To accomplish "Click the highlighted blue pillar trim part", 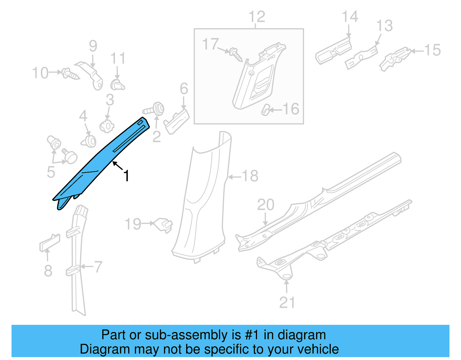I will point(95,164).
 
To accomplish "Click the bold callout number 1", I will point(126,176).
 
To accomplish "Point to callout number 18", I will point(250,176).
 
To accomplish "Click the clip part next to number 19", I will point(164,225).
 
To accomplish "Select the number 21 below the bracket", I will point(287,303).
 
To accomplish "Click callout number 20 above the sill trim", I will point(265,205).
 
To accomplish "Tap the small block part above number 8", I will point(50,243).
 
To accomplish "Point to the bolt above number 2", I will point(154,110).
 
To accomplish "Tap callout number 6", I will point(184,89).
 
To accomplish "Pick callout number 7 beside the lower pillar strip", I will point(98,267).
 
